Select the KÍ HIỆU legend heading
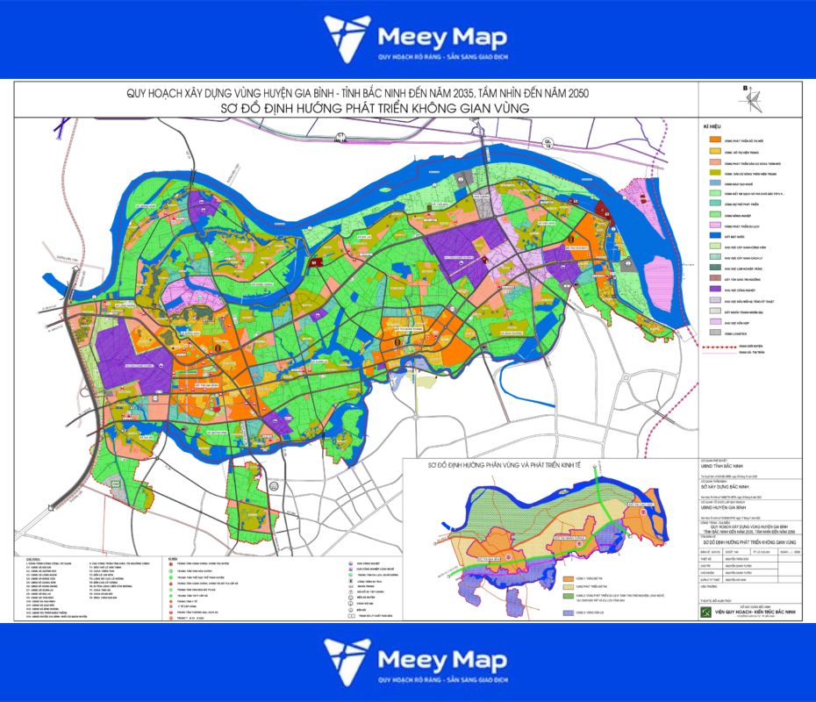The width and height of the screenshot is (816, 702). click(x=713, y=127)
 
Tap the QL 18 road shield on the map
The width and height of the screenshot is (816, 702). click(x=548, y=139)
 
